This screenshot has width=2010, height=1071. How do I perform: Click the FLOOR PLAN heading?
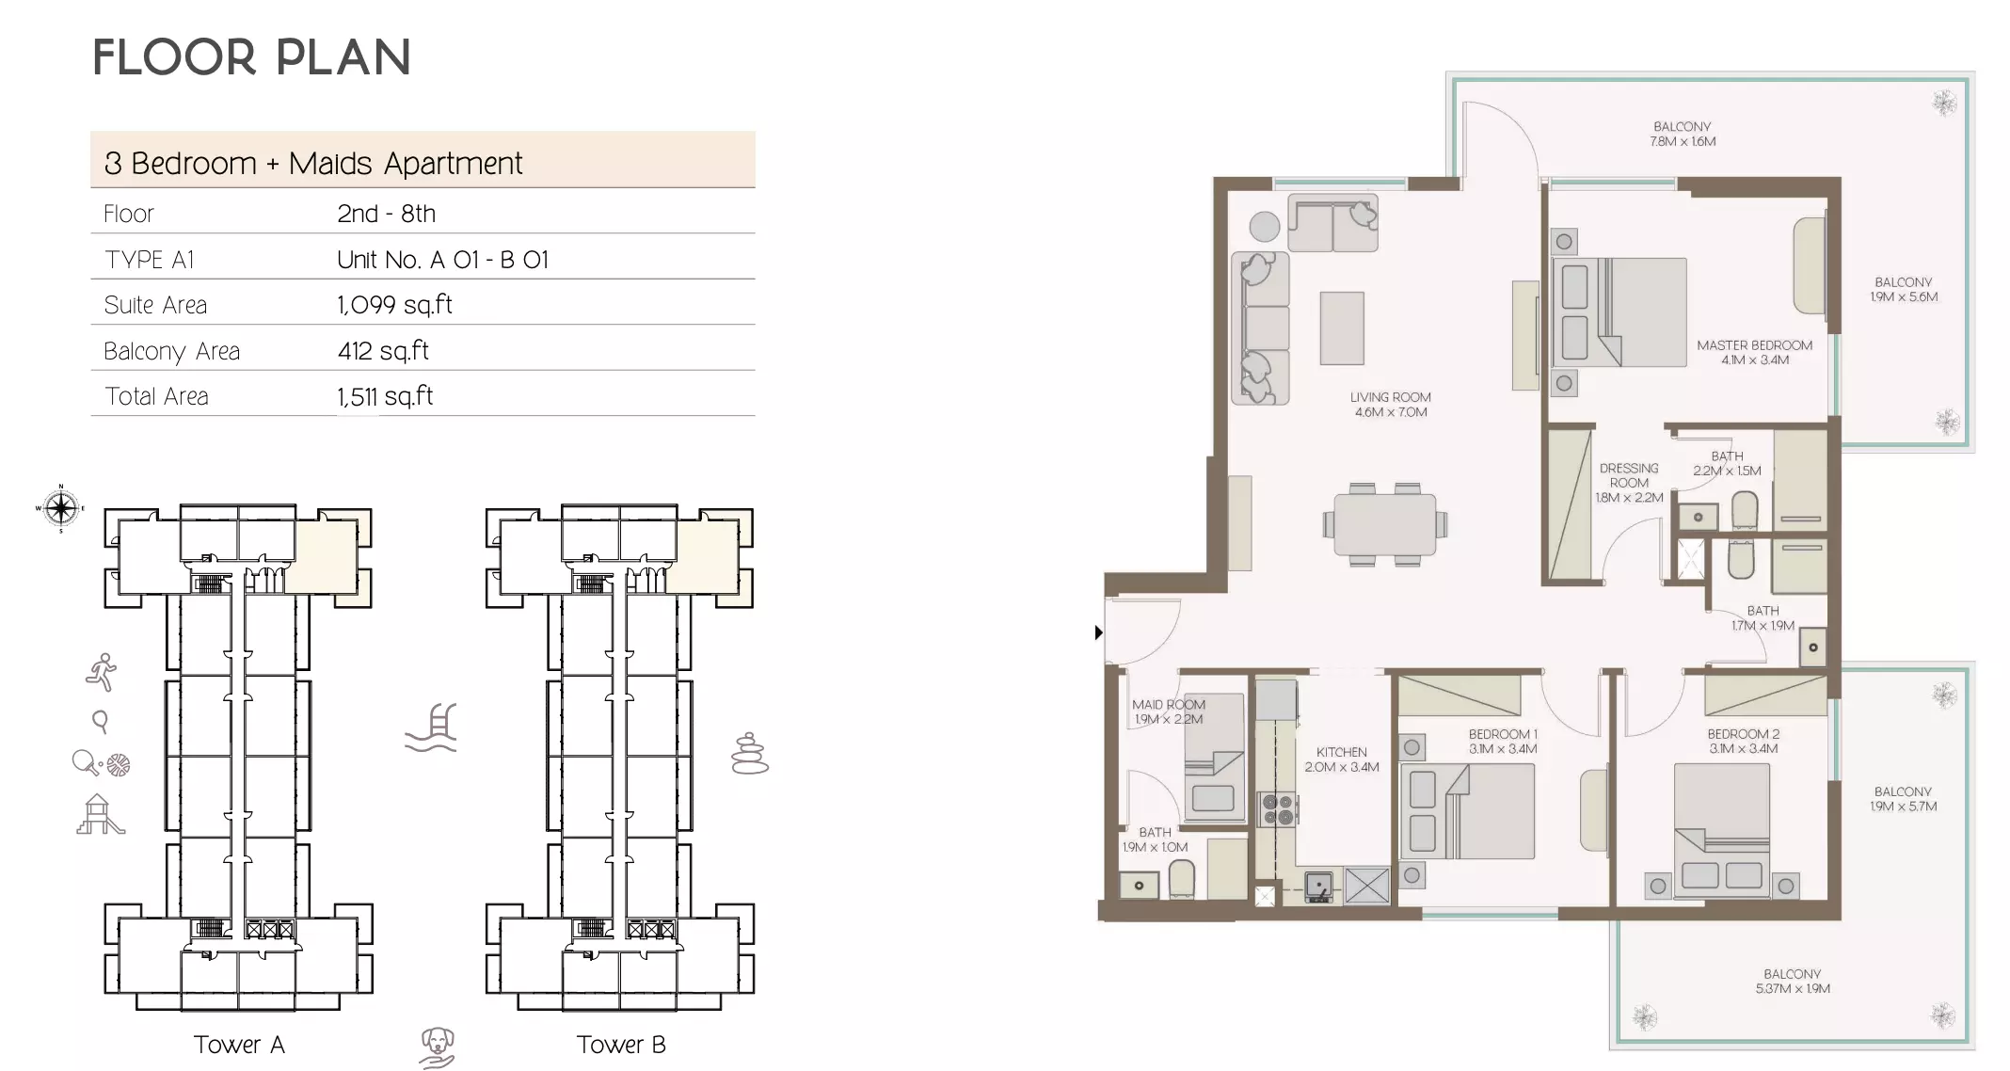[x=252, y=57]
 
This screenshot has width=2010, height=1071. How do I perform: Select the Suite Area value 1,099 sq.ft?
[x=394, y=305]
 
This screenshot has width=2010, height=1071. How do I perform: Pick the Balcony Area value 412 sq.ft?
[x=383, y=351]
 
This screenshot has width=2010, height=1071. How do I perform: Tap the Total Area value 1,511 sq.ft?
[x=385, y=396]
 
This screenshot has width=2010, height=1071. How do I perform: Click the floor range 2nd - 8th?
[x=386, y=214]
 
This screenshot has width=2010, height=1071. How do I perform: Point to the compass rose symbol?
[x=61, y=509]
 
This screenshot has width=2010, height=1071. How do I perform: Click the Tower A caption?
[x=239, y=1045]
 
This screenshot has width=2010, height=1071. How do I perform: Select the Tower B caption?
[x=621, y=1045]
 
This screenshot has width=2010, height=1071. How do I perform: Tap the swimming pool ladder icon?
[x=432, y=728]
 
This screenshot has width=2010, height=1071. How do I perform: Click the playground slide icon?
[x=100, y=815]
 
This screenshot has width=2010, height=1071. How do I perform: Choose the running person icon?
[x=102, y=672]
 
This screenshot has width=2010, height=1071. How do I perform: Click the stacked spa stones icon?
[x=749, y=754]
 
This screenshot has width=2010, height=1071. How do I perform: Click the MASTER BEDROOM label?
[x=1754, y=352]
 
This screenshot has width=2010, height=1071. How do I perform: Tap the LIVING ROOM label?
[x=1390, y=405]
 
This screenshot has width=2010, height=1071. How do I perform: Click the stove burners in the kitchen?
[x=1278, y=809]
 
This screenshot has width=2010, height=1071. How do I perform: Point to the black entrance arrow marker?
[x=1098, y=632]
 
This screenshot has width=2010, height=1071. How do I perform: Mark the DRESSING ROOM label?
[x=1629, y=482]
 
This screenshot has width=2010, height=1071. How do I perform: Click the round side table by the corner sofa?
[x=1264, y=227]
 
